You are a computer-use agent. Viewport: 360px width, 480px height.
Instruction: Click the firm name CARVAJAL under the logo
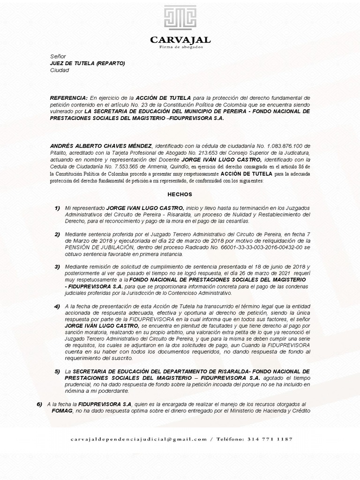(180, 40)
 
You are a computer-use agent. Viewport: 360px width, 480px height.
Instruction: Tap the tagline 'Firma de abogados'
(180, 47)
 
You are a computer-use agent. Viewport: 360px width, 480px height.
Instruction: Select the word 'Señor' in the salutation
(58, 56)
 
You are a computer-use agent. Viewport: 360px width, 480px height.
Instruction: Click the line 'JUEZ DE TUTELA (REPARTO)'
(87, 63)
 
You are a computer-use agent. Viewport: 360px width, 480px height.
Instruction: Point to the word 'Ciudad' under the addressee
(59, 70)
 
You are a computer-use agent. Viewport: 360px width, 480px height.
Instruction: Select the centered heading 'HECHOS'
(180, 194)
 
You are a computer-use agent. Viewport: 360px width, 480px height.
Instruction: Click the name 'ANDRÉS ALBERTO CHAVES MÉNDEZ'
(101, 146)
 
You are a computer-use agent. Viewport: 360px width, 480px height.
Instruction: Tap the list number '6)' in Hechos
(39, 404)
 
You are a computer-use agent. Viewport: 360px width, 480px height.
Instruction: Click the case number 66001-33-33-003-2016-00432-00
(264, 247)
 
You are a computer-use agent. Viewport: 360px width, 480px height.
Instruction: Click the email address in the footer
(139, 439)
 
